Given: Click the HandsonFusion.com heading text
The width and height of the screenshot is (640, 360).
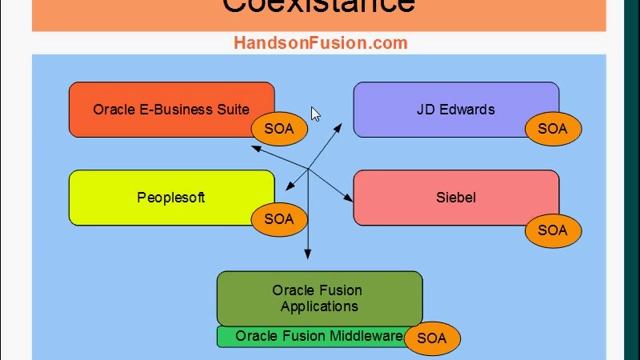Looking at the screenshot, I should [x=321, y=42].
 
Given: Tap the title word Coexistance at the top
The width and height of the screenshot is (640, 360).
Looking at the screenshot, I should [x=318, y=6].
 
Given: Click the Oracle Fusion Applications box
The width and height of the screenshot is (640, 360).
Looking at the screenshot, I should [x=319, y=298].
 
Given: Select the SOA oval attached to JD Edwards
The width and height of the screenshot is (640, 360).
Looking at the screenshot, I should [x=552, y=129].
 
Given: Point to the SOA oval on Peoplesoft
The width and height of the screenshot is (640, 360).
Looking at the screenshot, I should [x=279, y=219].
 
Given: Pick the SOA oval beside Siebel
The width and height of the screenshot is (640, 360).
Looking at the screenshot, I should [x=552, y=230].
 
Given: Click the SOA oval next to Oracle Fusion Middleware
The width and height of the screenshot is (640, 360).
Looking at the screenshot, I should [x=431, y=338].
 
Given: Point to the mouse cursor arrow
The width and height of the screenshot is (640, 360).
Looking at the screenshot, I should [x=315, y=114].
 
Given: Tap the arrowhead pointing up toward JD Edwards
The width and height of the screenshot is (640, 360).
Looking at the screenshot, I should [x=340, y=128].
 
